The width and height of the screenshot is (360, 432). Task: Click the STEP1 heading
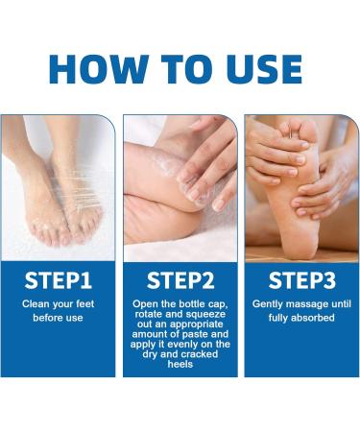click(59, 280)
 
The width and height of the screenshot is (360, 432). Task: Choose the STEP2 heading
click(180, 280)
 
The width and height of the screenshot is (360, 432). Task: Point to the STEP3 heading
click(302, 280)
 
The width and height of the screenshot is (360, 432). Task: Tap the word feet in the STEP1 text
click(85, 303)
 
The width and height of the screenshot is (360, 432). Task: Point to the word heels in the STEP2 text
click(180, 364)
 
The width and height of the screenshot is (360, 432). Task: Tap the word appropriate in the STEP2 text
click(197, 324)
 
